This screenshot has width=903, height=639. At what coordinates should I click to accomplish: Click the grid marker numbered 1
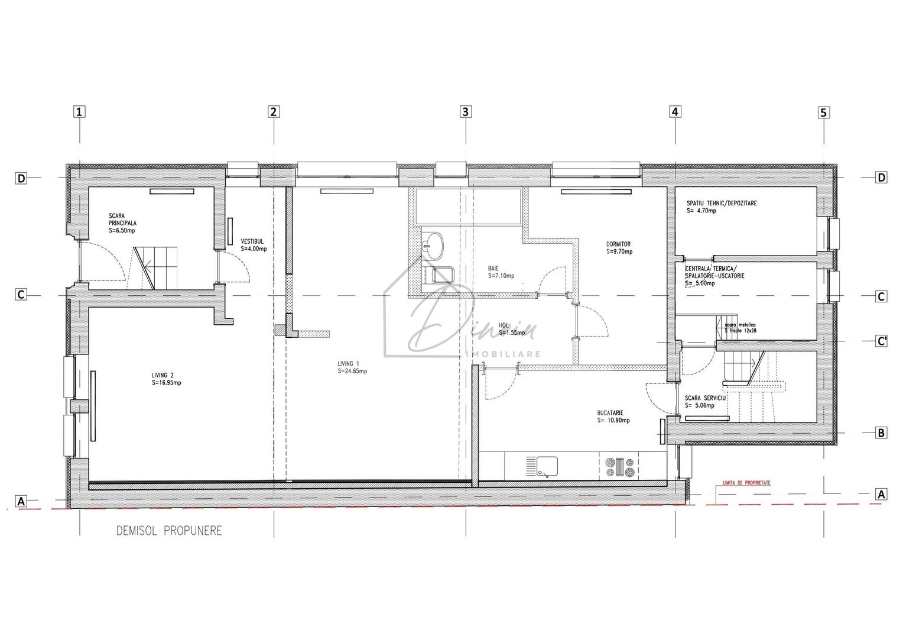point(80,111)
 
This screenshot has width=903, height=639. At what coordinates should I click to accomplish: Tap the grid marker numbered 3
point(466,111)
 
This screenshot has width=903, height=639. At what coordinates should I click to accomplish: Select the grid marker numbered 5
point(824,112)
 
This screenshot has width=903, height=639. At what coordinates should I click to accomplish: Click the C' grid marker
point(881,341)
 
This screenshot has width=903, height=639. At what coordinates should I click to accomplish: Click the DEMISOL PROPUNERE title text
point(169,530)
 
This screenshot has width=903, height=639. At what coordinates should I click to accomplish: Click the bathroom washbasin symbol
point(434,243)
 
